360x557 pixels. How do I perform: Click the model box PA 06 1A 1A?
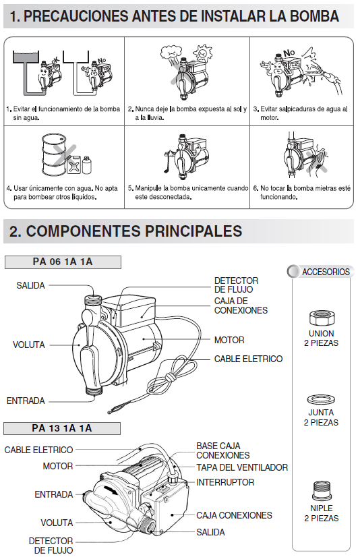coord(63,262)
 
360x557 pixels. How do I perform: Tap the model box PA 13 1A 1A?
coord(62,428)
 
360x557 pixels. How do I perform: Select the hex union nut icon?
coord(322,318)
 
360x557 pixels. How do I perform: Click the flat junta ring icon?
coord(321,400)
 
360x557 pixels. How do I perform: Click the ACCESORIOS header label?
coord(326,272)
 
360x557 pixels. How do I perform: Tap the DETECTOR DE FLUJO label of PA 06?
coord(236,285)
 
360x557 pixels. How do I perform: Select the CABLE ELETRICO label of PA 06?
coord(248,359)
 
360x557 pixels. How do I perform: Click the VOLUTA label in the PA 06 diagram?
coord(29,345)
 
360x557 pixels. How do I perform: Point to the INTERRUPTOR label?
coord(225,482)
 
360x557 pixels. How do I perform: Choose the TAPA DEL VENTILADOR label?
coord(242,467)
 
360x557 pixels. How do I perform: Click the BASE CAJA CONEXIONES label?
coord(223,450)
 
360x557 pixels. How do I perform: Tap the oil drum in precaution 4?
coord(55,154)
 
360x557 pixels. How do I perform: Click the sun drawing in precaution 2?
coord(202,53)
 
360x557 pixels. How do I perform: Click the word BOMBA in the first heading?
coord(314,16)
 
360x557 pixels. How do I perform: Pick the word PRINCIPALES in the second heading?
coord(193,231)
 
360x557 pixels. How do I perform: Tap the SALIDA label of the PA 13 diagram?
coord(210,532)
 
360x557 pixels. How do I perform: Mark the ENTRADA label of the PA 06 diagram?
coord(26,401)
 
